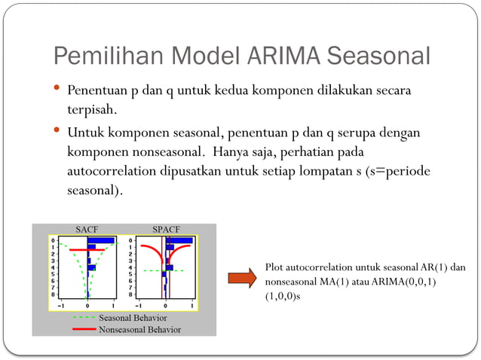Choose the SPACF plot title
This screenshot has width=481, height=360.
click(166, 229)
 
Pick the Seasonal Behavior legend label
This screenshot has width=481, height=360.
click(133, 319)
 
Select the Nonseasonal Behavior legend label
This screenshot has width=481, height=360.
click(139, 329)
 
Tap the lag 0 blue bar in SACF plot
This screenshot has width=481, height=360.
click(101, 240)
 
